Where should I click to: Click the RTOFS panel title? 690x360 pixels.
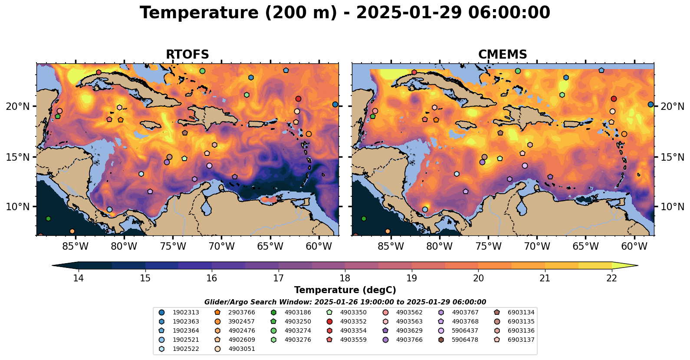187,55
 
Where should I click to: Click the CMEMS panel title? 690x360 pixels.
503,55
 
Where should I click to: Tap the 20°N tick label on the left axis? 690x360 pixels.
18,106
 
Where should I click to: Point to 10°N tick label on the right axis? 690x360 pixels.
672,207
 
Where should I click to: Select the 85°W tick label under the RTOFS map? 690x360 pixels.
76,247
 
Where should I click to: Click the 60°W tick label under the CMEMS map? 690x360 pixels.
634,247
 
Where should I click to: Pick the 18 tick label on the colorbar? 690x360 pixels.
345,278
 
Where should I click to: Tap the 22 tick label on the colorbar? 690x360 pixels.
611,278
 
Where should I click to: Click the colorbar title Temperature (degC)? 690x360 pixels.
345,290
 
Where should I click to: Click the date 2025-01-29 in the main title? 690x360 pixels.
409,13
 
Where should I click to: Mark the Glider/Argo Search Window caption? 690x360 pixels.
345,302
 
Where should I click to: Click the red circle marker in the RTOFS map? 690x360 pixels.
298,99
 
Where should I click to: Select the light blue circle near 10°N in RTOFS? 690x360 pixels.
109,210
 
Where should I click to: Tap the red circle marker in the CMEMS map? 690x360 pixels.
614,99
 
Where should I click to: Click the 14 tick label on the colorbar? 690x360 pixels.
78,278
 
